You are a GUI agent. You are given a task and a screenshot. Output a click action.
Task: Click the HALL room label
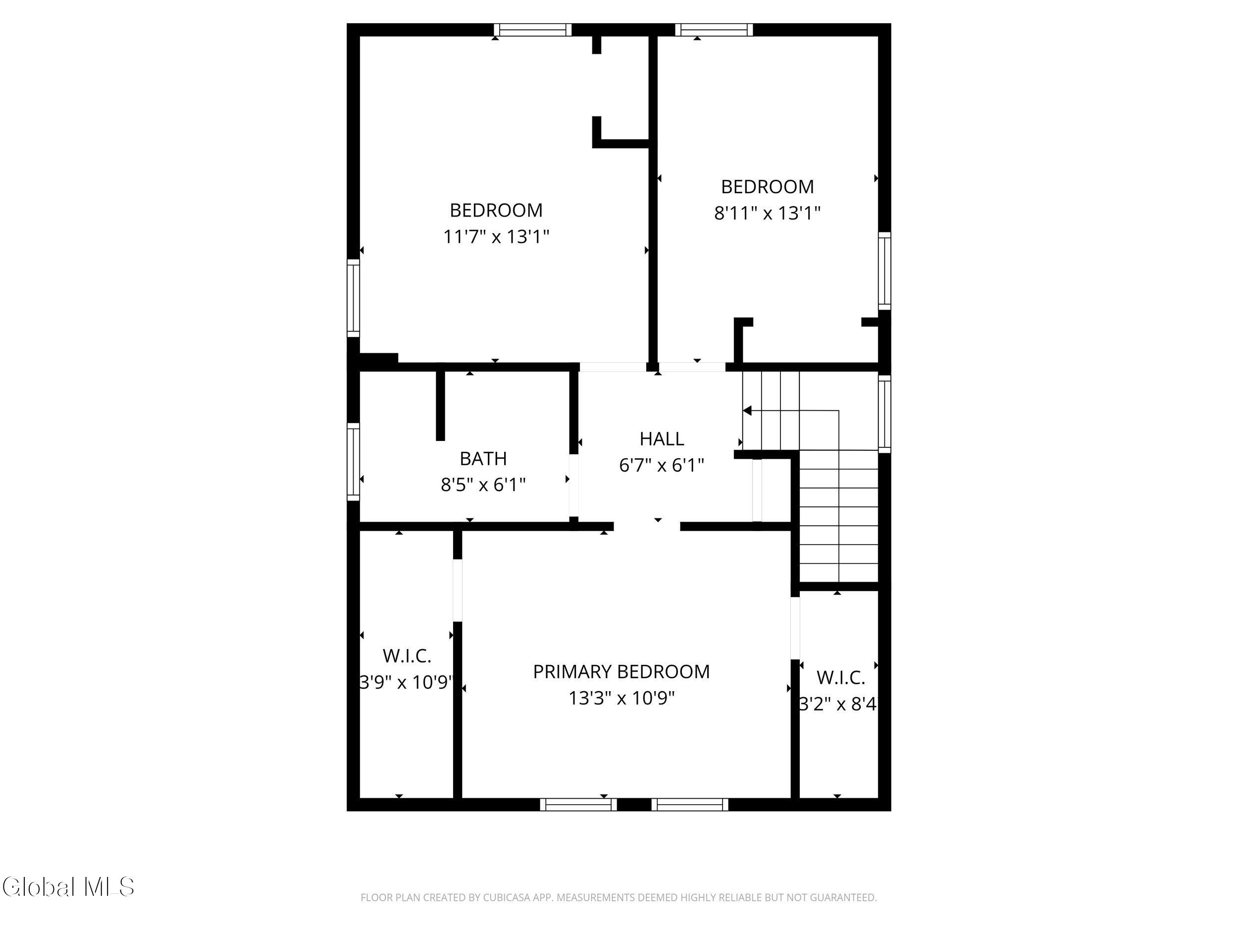[x=662, y=438]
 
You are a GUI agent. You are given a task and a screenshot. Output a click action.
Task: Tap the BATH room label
[x=483, y=459]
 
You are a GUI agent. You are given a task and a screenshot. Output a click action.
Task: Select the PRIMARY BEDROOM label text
[x=621, y=671]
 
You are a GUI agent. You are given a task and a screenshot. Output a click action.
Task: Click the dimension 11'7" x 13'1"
[x=496, y=236]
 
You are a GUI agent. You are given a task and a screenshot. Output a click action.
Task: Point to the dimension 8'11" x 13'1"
[x=768, y=213]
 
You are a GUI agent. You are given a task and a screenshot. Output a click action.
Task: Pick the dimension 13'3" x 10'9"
[x=622, y=698]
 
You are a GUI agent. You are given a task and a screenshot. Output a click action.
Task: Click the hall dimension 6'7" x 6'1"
[x=662, y=465]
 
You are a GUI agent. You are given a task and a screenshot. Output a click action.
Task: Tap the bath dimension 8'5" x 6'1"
[x=483, y=485]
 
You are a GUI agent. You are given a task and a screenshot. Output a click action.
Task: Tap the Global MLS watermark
[x=68, y=887]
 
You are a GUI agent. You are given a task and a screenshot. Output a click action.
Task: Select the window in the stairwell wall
[x=884, y=414]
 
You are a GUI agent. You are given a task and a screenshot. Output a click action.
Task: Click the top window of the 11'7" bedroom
[x=532, y=30]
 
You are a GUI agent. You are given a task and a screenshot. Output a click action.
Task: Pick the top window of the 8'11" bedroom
[x=714, y=30]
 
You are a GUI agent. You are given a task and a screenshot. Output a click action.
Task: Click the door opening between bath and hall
[x=573, y=486]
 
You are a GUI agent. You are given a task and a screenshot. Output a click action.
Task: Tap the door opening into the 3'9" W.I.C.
[x=457, y=590]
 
